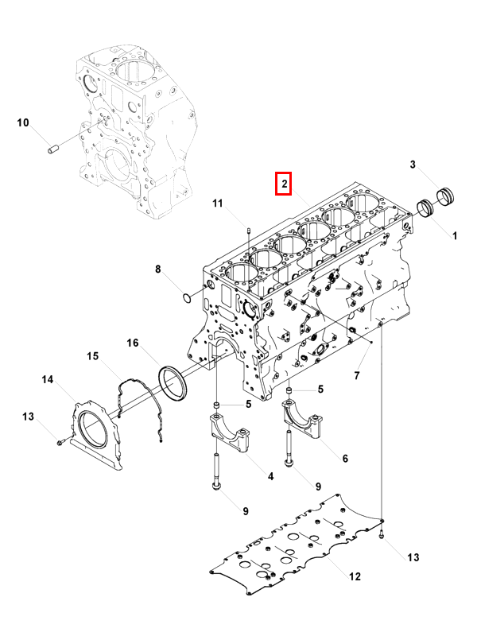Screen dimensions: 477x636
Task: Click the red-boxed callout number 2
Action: pos(285,184)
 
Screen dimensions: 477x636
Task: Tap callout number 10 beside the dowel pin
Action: pos(23,122)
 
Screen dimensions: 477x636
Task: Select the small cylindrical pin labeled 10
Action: pos(52,149)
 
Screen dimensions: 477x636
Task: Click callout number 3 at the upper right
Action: pos(413,165)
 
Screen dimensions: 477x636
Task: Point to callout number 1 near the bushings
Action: pos(455,235)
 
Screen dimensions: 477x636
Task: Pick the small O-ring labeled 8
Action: pos(187,299)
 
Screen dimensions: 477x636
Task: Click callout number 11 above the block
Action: pos(218,204)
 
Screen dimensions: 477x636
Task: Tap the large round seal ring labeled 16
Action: pos(173,383)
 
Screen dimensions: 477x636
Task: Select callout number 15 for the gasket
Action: pos(92,356)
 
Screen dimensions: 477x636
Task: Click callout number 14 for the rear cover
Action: pos(48,380)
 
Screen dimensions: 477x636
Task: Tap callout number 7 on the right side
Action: pos(356,375)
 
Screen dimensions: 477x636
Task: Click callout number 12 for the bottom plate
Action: pos(355,576)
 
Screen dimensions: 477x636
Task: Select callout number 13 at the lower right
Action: pos(413,557)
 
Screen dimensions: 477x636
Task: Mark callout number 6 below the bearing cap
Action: pos(345,459)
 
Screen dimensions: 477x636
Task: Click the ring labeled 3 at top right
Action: pos(445,196)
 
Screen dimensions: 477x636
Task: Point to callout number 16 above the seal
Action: pos(132,343)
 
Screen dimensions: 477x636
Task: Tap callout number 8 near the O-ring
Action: pos(157,269)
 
